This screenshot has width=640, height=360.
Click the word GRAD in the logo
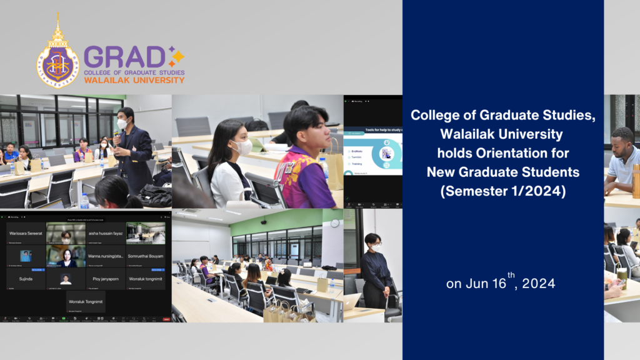[124, 57]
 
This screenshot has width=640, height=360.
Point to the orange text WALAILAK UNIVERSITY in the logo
[134, 80]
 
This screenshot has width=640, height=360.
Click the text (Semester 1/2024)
[503, 192]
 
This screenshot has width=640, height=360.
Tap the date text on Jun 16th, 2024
[501, 283]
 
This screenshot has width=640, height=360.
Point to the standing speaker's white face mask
[123, 124]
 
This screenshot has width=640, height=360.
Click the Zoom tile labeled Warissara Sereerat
[26, 233]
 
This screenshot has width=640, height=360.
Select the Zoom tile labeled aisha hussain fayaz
[106, 233]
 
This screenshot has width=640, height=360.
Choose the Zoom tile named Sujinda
[26, 279]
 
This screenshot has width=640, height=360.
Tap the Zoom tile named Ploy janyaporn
[106, 279]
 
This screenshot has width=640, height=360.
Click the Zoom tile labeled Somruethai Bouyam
[146, 256]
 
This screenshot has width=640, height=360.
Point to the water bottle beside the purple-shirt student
[324, 169]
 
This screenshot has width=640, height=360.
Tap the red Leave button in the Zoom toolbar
[166, 319]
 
